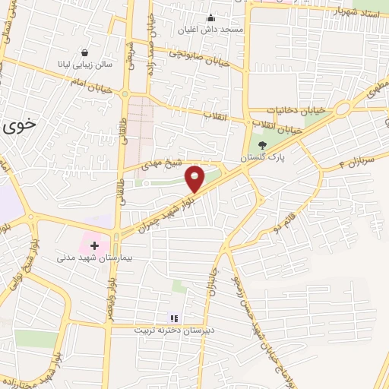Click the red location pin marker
pyautogui.click(x=195, y=178)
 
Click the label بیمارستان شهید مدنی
pyautogui.click(x=90, y=258)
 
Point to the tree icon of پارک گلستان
pyautogui.click(x=263, y=144)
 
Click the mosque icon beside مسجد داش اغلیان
pyautogui.click(x=210, y=19)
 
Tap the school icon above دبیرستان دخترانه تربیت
pyautogui.click(x=172, y=318)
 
